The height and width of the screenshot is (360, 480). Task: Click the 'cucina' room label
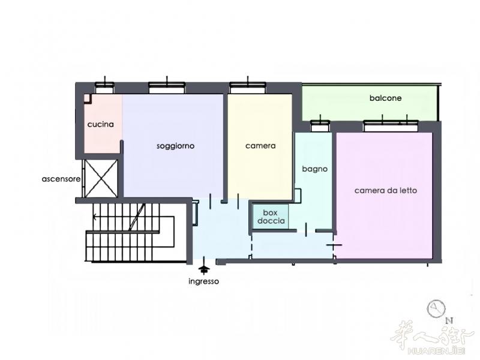100,124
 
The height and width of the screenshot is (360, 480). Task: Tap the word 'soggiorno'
175,146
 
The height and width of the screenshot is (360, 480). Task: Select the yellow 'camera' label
260,146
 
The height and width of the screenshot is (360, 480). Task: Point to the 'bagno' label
314,169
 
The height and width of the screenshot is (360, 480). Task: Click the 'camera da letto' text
386,190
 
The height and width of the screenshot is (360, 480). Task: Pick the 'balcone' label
385,98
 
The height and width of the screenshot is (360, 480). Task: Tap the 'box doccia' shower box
271,217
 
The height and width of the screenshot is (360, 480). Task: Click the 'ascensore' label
61,179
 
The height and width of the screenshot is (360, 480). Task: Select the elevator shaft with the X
101,178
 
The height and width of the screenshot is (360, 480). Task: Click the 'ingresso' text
203,281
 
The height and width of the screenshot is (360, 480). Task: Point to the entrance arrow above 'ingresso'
204,266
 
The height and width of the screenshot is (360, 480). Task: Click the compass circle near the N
436,309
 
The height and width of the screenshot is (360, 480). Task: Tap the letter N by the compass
449,321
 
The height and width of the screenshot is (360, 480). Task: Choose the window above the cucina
104,88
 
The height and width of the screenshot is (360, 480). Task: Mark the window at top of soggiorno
167,88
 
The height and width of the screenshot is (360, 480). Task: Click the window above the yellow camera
248,88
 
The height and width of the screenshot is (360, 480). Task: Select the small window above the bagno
320,126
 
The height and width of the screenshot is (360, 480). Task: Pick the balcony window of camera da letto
391,126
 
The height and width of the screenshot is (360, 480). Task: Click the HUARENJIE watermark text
437,350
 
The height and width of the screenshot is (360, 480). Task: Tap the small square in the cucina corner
88,98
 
